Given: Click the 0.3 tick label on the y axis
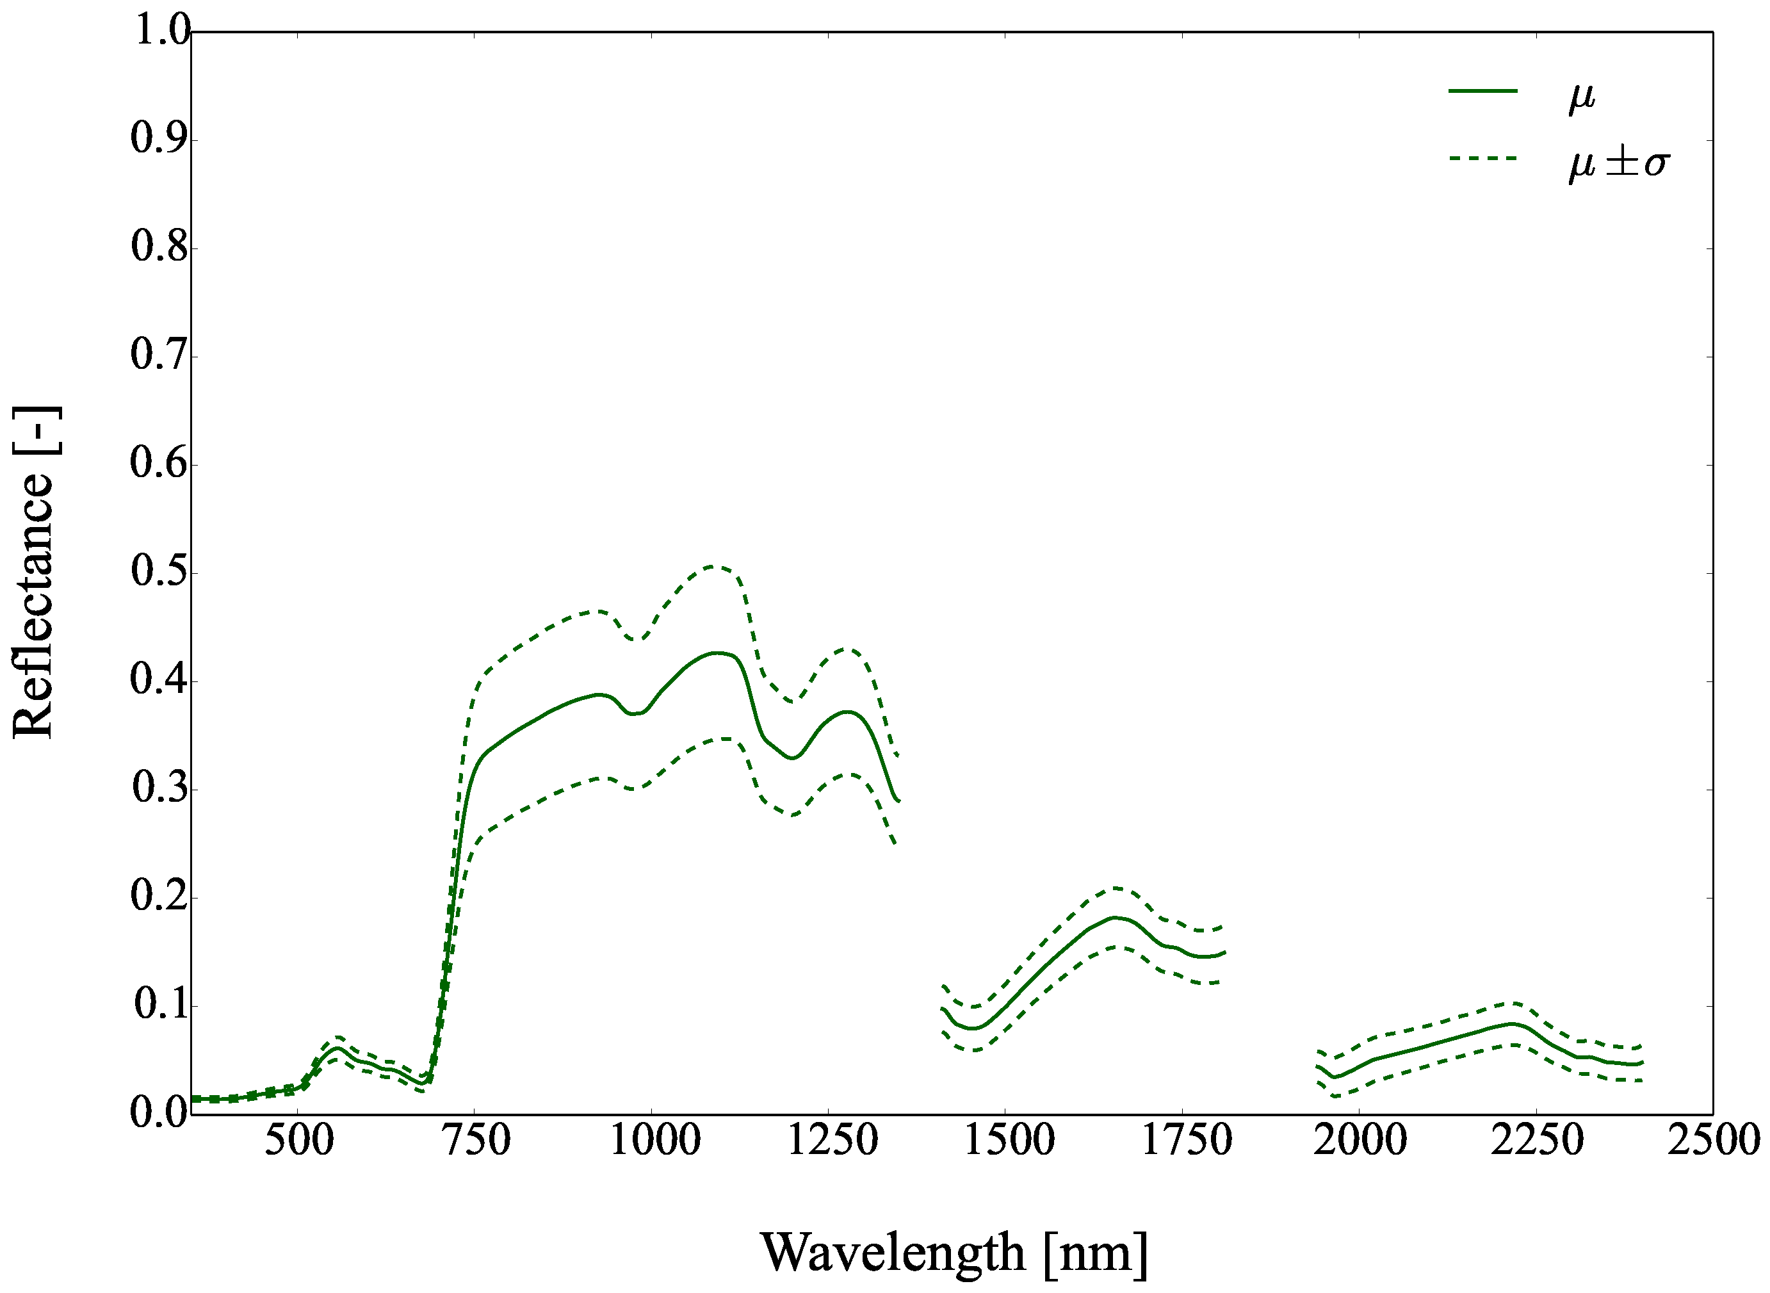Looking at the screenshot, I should pyautogui.click(x=160, y=788).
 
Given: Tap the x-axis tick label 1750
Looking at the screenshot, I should pyautogui.click(x=1185, y=1141).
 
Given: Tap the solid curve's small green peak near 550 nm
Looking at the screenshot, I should pyautogui.click(x=337, y=1047).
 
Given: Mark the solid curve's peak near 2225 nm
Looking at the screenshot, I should pyautogui.click(x=1513, y=1023).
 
